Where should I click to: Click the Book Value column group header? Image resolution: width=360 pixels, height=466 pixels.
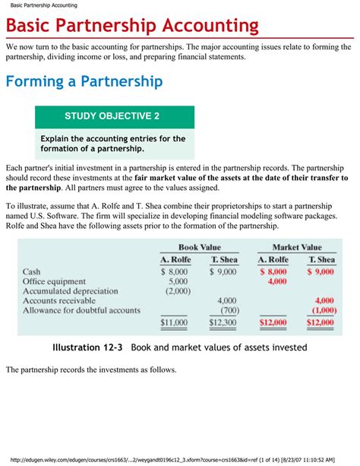(x=199, y=247)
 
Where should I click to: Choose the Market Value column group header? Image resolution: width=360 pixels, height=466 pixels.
(x=296, y=247)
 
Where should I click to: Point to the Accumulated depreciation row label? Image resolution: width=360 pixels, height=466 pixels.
(x=71, y=291)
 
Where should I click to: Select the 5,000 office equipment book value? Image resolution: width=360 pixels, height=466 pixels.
(x=179, y=281)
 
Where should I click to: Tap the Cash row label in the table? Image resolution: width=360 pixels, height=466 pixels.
(x=32, y=271)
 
